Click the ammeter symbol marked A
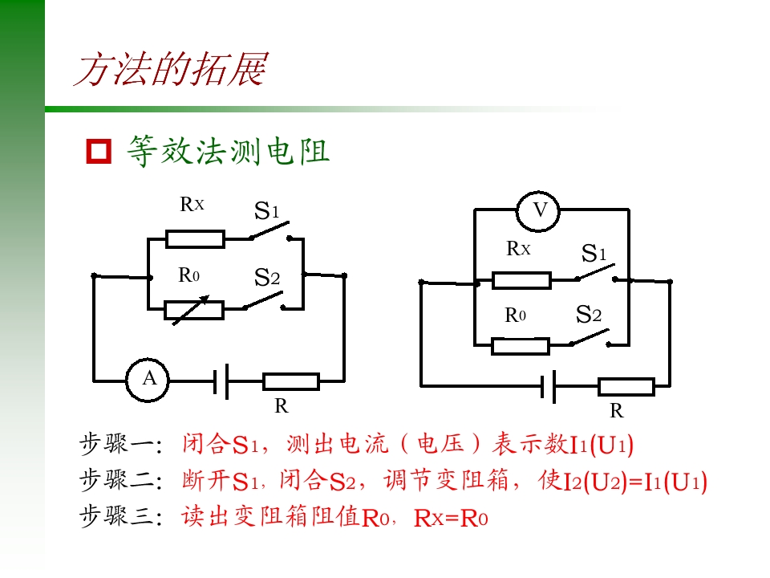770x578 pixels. tap(148, 380)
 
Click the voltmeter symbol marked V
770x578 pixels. tap(539, 210)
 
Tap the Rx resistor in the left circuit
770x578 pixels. tap(195, 239)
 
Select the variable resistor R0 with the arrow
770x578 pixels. tap(194, 310)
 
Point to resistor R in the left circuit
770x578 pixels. tap(291, 381)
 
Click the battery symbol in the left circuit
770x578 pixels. tap(221, 381)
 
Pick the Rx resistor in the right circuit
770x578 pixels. tap(521, 280)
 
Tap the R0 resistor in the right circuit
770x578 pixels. tap(520, 346)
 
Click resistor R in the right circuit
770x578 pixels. tap(626, 387)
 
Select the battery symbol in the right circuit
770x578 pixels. tap(548, 386)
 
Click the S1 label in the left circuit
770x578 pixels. tap(266, 210)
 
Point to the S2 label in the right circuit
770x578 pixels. tap(588, 314)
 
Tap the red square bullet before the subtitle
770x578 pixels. tap(99, 151)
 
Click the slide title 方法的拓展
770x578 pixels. tap(171, 69)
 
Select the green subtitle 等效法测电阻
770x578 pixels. tap(229, 151)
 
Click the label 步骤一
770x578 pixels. tap(121, 444)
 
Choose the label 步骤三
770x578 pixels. tap(121, 516)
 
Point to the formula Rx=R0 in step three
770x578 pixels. tap(451, 519)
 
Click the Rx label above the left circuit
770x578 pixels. tap(192, 204)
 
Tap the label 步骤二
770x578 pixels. tap(121, 480)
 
